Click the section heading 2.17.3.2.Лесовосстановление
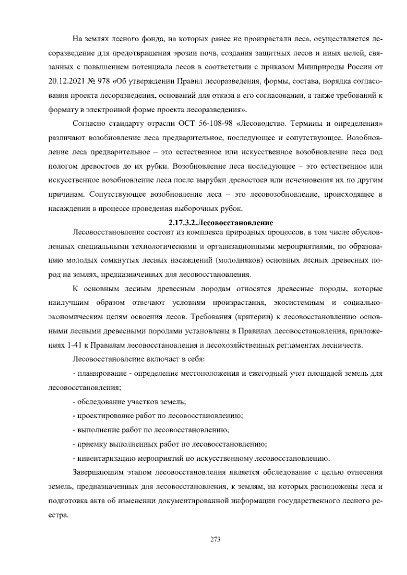[x=221, y=223]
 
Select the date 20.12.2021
[x=64, y=81]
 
